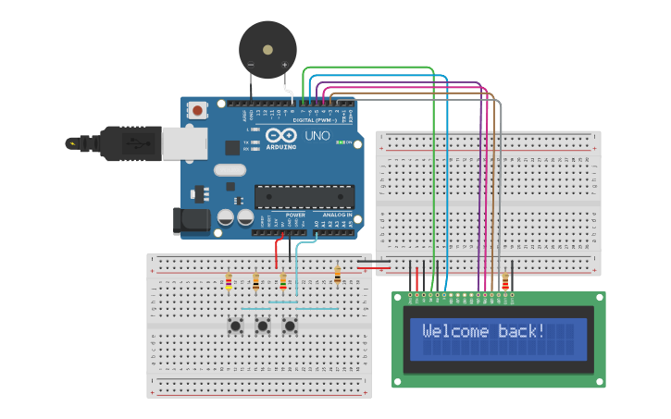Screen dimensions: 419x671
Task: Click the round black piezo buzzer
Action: coord(267,50)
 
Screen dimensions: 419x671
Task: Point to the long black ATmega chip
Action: coord(304,196)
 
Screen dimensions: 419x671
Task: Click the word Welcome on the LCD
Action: coord(457,331)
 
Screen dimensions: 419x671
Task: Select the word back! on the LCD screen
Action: coord(522,331)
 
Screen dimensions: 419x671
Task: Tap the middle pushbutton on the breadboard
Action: coord(263,325)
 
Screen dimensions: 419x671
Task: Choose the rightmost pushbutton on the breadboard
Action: coord(290,325)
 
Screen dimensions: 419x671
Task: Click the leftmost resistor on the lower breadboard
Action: coord(229,281)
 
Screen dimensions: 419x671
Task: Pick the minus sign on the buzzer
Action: coord(250,65)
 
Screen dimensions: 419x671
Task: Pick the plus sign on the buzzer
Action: coord(284,65)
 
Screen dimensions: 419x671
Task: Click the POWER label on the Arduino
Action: coord(295,214)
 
